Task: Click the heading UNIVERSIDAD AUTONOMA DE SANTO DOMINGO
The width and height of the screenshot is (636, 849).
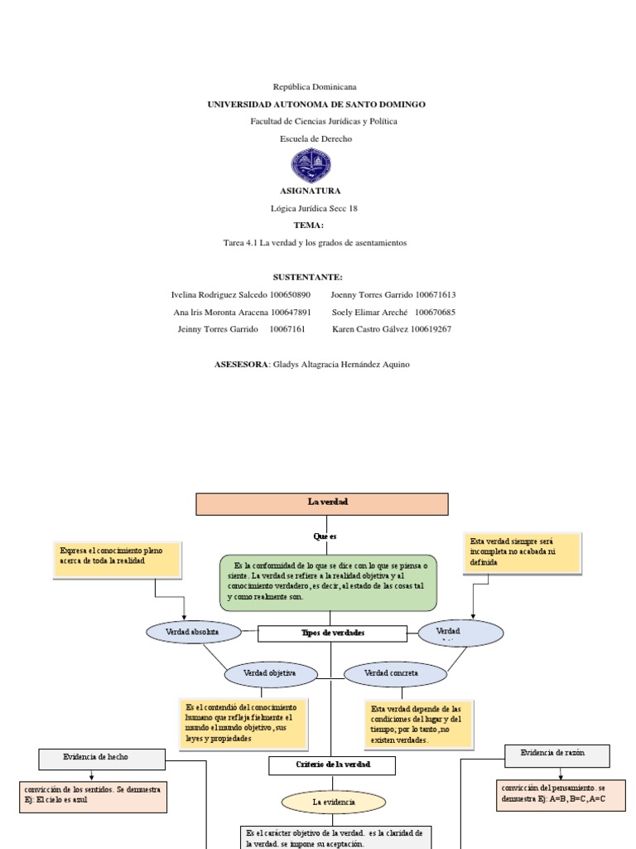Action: tap(316, 104)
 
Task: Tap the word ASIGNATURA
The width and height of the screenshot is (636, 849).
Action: tap(311, 191)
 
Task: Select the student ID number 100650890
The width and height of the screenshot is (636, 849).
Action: tap(290, 294)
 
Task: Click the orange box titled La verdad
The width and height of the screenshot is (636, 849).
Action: tap(321, 503)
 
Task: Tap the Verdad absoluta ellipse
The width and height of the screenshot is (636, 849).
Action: tap(193, 632)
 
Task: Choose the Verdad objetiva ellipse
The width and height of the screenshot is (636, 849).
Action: tap(271, 674)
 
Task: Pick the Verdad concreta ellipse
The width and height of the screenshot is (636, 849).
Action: tap(395, 674)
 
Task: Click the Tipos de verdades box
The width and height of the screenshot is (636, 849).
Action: tap(332, 633)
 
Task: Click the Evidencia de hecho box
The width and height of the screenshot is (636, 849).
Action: tap(102, 758)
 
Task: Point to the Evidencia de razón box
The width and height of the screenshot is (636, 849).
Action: tap(556, 754)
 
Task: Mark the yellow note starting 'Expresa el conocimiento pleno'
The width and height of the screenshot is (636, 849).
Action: tap(119, 560)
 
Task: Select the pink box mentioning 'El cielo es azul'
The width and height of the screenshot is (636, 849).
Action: tap(93, 797)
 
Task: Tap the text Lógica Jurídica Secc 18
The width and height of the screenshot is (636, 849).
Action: tap(314, 208)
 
